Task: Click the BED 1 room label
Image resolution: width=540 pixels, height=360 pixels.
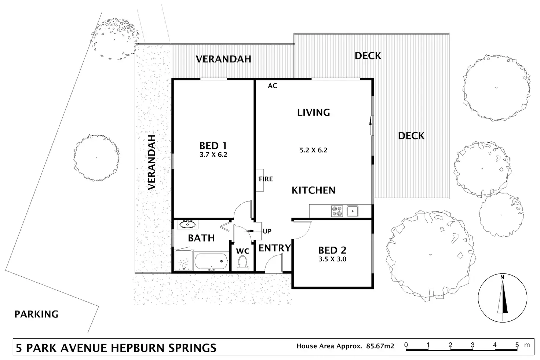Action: pos(213,146)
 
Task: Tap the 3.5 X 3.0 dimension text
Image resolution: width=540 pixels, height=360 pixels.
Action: pos(332,259)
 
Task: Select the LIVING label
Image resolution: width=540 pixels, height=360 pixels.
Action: pos(313,112)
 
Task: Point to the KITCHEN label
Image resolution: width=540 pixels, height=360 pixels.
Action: pos(313,190)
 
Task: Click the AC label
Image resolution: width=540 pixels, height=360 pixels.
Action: pos(272,86)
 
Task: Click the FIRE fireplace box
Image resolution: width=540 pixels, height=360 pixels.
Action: pos(260,180)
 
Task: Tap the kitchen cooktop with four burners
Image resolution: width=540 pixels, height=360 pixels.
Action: pos(337,211)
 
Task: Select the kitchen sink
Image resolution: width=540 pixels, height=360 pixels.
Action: pos(353,211)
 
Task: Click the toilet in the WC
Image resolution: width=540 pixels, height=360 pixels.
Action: pos(242,262)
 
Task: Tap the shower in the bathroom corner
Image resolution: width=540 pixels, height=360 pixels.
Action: pos(183,261)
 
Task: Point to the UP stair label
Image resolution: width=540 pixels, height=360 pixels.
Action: pos(267,231)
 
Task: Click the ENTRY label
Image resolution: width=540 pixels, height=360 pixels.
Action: pos(274,248)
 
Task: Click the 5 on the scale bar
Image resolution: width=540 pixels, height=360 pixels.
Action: pos(517,345)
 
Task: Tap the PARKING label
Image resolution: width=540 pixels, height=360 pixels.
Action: pos(36,314)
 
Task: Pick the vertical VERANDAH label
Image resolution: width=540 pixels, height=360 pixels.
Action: pos(152,162)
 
